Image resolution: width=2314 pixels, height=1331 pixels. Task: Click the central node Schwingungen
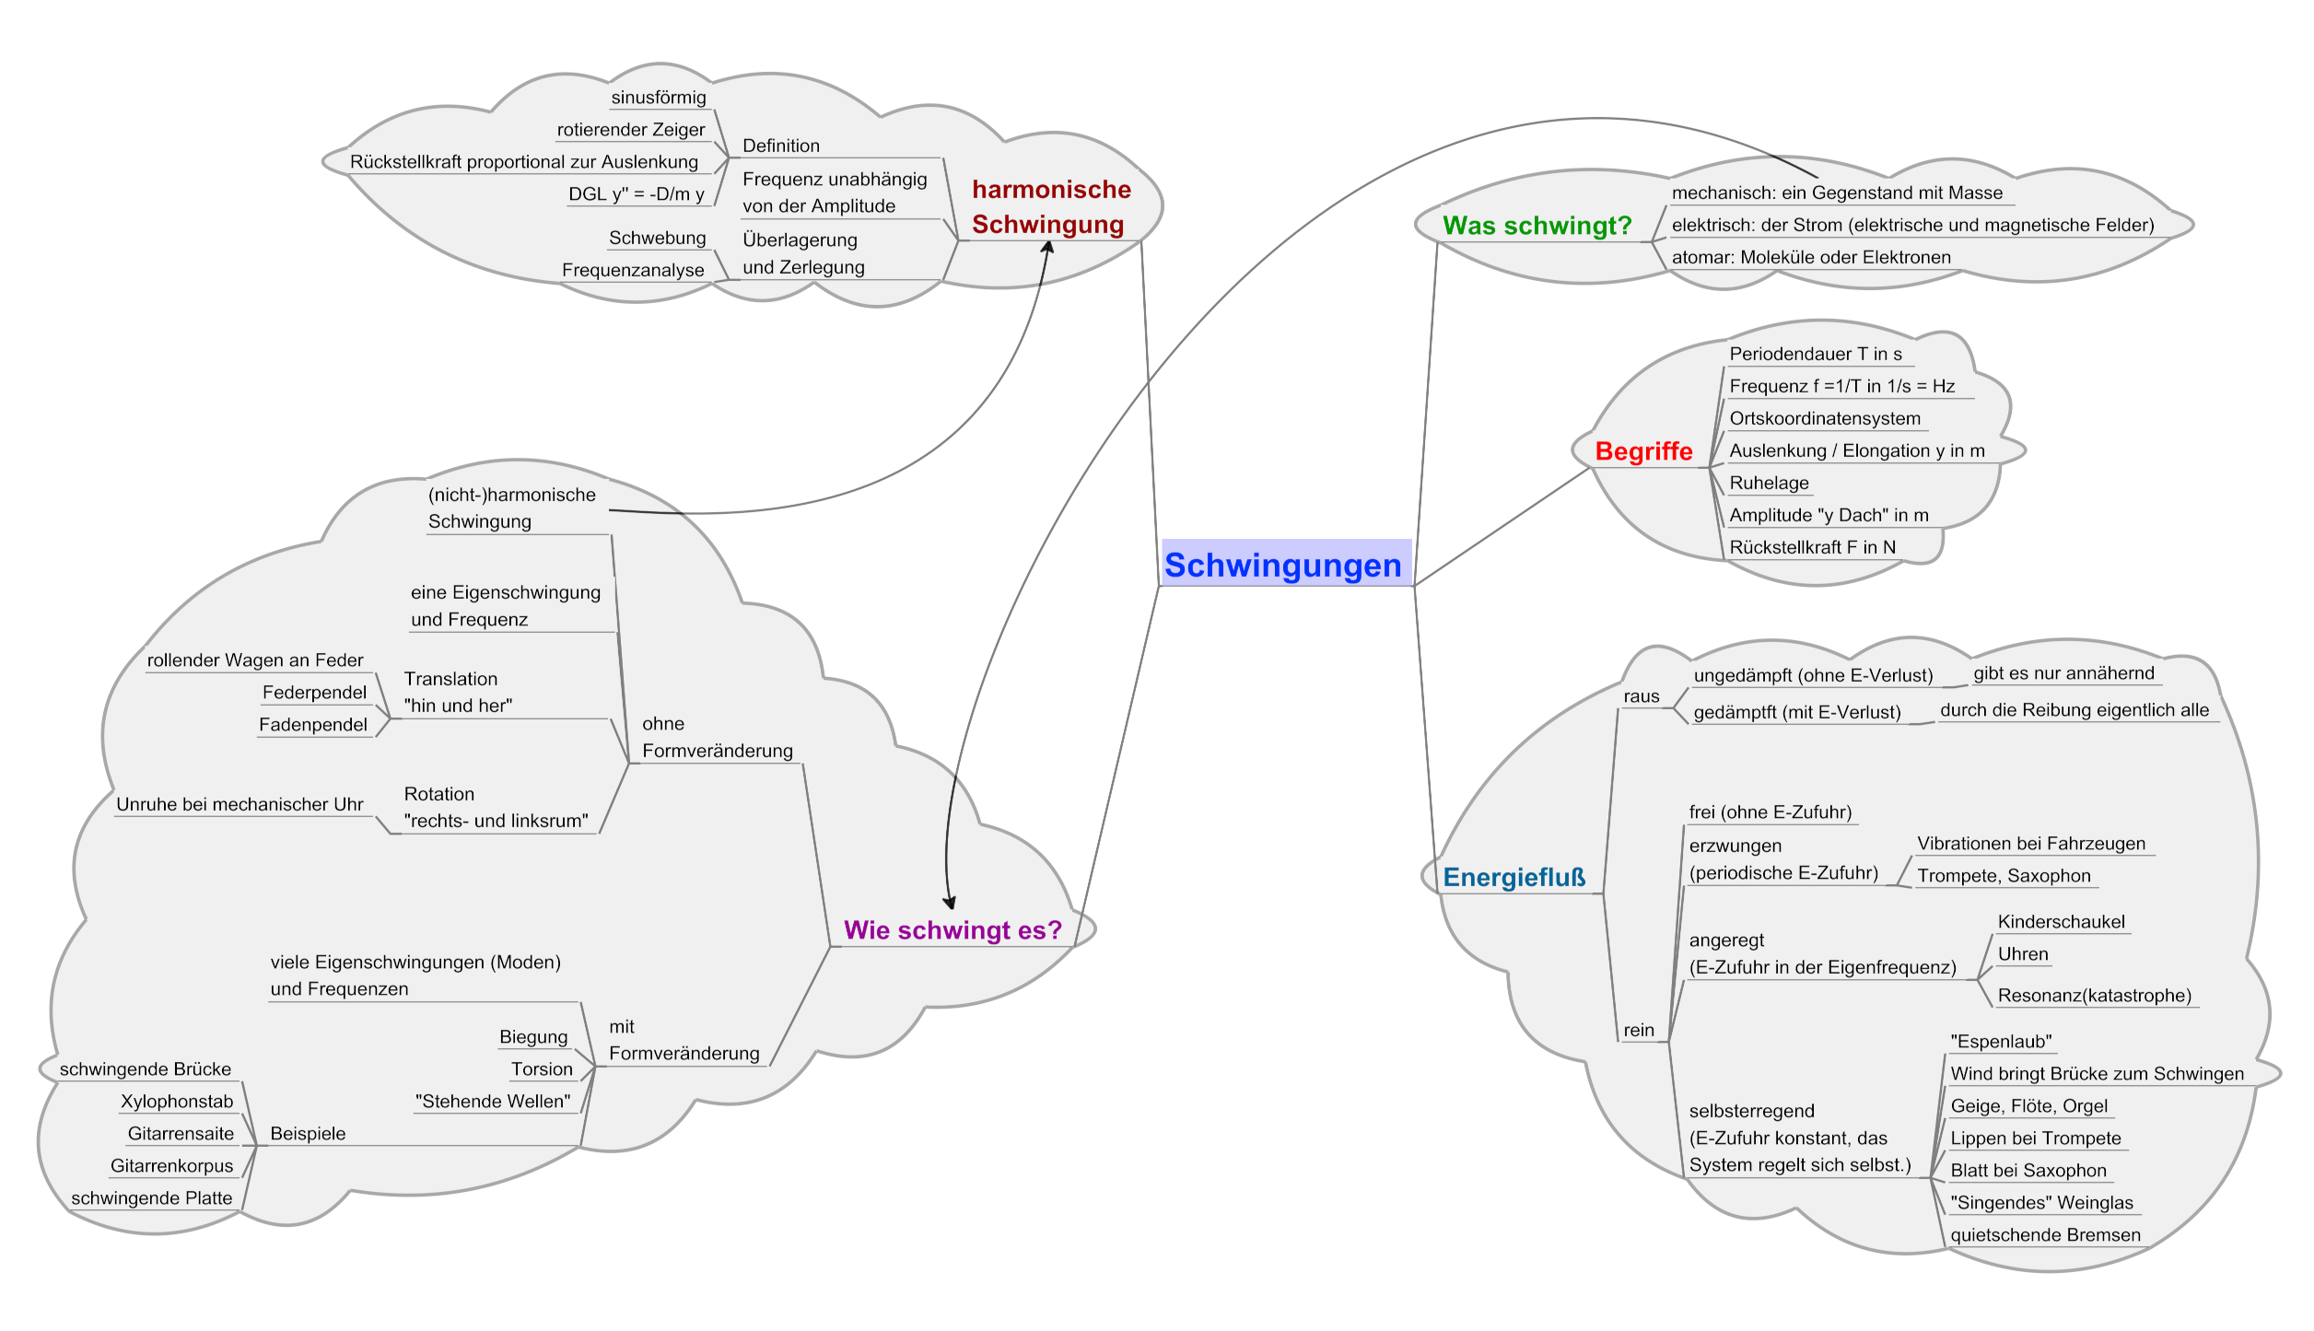point(1282,565)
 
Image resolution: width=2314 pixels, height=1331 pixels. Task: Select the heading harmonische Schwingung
point(1050,207)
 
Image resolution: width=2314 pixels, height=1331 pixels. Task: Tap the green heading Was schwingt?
point(1537,226)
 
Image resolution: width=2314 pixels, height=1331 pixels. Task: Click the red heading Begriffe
point(1643,451)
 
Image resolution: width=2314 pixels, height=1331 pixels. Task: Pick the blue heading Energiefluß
point(1513,878)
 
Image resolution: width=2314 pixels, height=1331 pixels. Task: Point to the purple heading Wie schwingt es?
point(952,930)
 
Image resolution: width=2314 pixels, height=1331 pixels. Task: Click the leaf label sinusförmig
point(659,98)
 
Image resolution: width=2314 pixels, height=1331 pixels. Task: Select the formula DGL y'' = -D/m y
point(636,194)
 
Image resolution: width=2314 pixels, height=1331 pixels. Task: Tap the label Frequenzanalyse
point(633,271)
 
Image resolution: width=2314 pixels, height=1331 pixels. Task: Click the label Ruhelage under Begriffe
point(1769,484)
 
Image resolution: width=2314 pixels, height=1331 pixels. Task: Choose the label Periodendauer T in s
point(1815,355)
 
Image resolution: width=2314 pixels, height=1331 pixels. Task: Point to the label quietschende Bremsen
point(2045,1235)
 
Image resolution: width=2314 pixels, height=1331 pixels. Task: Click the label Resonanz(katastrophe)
point(2094,996)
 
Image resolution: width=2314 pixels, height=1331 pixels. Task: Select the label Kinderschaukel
point(2061,922)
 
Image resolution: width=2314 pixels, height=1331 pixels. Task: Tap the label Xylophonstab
point(177,1102)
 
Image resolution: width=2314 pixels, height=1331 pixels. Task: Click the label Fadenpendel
point(313,725)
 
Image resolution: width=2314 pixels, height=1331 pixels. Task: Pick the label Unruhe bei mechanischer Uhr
point(240,805)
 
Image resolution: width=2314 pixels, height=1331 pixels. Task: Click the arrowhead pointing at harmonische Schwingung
point(1047,247)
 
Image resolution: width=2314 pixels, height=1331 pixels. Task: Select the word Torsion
point(542,1069)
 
